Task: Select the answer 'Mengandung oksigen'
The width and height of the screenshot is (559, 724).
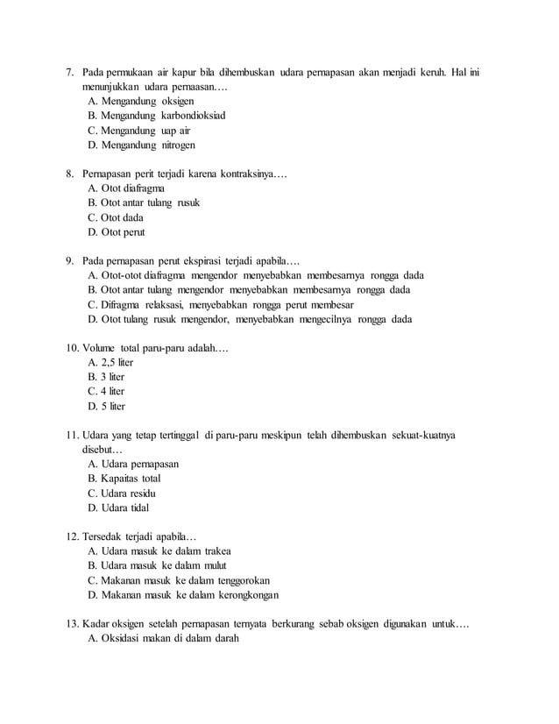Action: coord(142,101)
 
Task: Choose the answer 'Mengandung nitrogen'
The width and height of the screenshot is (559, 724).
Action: coord(142,145)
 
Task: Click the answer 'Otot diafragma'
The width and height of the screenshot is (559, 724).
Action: coord(126,188)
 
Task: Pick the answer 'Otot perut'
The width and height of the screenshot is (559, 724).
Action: coord(117,232)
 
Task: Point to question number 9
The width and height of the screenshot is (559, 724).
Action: coord(70,260)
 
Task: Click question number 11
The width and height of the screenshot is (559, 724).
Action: coord(73,435)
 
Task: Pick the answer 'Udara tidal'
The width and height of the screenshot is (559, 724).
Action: coord(119,508)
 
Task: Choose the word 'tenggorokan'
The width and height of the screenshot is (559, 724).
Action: coord(240,580)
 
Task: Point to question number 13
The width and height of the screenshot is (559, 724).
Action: coord(73,624)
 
